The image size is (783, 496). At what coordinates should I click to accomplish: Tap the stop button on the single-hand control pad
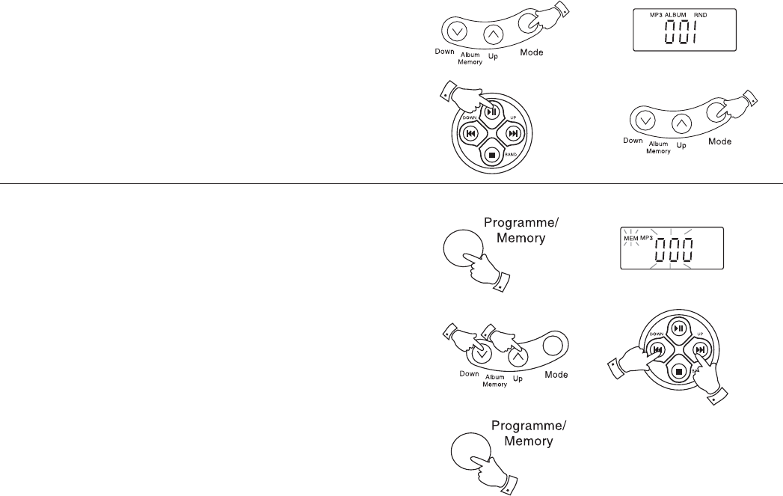click(x=491, y=155)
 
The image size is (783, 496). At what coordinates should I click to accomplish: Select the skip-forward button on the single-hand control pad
click(x=513, y=134)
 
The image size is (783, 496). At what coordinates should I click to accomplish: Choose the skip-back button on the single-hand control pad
click(x=470, y=134)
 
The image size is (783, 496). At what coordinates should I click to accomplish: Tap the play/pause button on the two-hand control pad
click(x=678, y=328)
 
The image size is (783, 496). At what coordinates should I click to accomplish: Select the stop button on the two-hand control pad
click(x=678, y=370)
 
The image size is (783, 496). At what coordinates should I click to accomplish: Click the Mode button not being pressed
click(x=553, y=345)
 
